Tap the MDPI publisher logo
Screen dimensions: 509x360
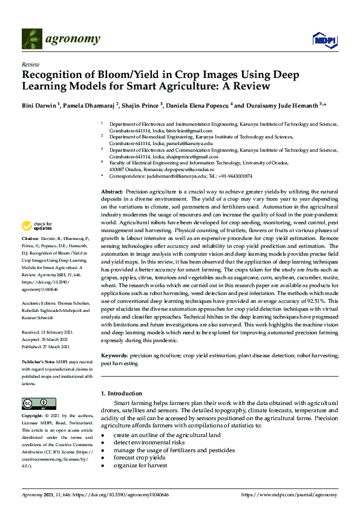pyautogui.click(x=324, y=39)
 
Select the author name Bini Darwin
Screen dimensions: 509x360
pyautogui.click(x=39, y=105)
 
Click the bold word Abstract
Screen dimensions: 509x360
pyautogui.click(x=112, y=191)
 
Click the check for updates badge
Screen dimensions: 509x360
pyautogui.click(x=36, y=227)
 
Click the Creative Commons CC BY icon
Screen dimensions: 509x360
pyautogui.click(x=39, y=403)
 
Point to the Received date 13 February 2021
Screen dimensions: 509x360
pyautogui.click(x=57, y=332)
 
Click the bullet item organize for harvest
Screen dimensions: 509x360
pyautogui.click(x=140, y=465)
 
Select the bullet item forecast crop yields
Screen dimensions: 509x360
pyautogui.click(x=140, y=458)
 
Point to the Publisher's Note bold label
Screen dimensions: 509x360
pyautogui.click(x=38, y=360)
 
